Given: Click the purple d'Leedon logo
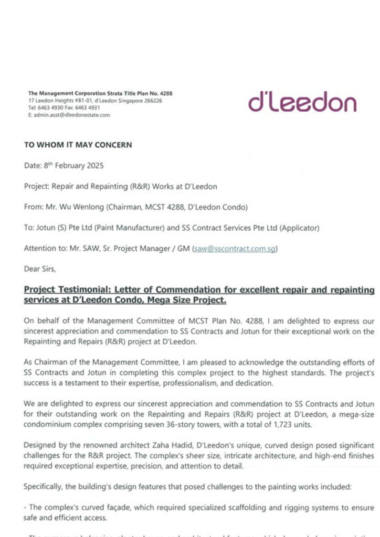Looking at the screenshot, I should click(x=302, y=101).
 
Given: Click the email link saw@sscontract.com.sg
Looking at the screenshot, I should click(x=235, y=248).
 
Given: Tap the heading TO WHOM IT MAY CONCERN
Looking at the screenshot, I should click(x=78, y=145).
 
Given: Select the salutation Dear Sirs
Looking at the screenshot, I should click(x=39, y=269).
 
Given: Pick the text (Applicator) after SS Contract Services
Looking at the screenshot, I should click(x=299, y=228).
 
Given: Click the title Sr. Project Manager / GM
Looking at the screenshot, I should click(x=146, y=248).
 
